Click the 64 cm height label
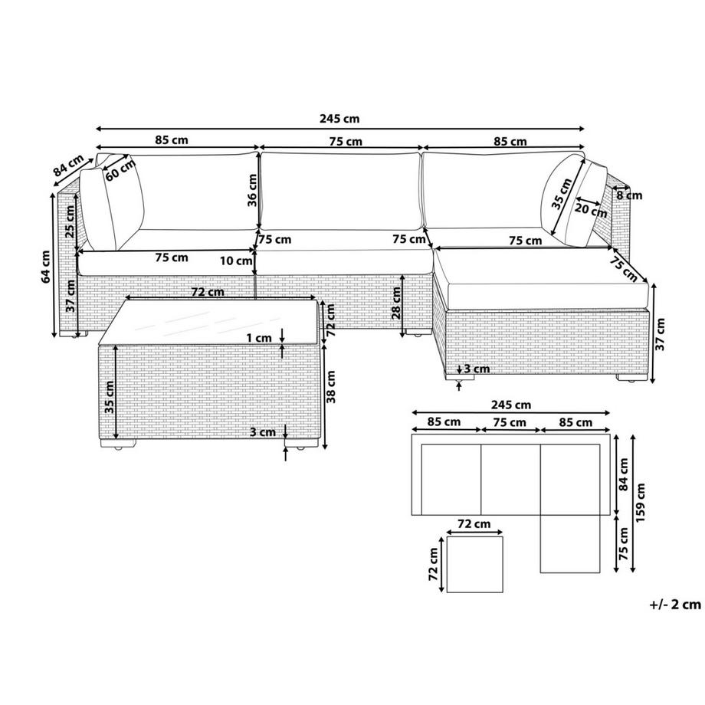point(45,267)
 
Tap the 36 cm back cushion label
point(252,190)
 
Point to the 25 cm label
point(70,221)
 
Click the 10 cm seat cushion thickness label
point(236,261)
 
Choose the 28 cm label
point(395,303)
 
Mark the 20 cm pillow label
point(592,209)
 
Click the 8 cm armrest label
point(629,195)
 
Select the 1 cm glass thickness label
point(259,338)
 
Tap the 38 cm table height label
point(331,387)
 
